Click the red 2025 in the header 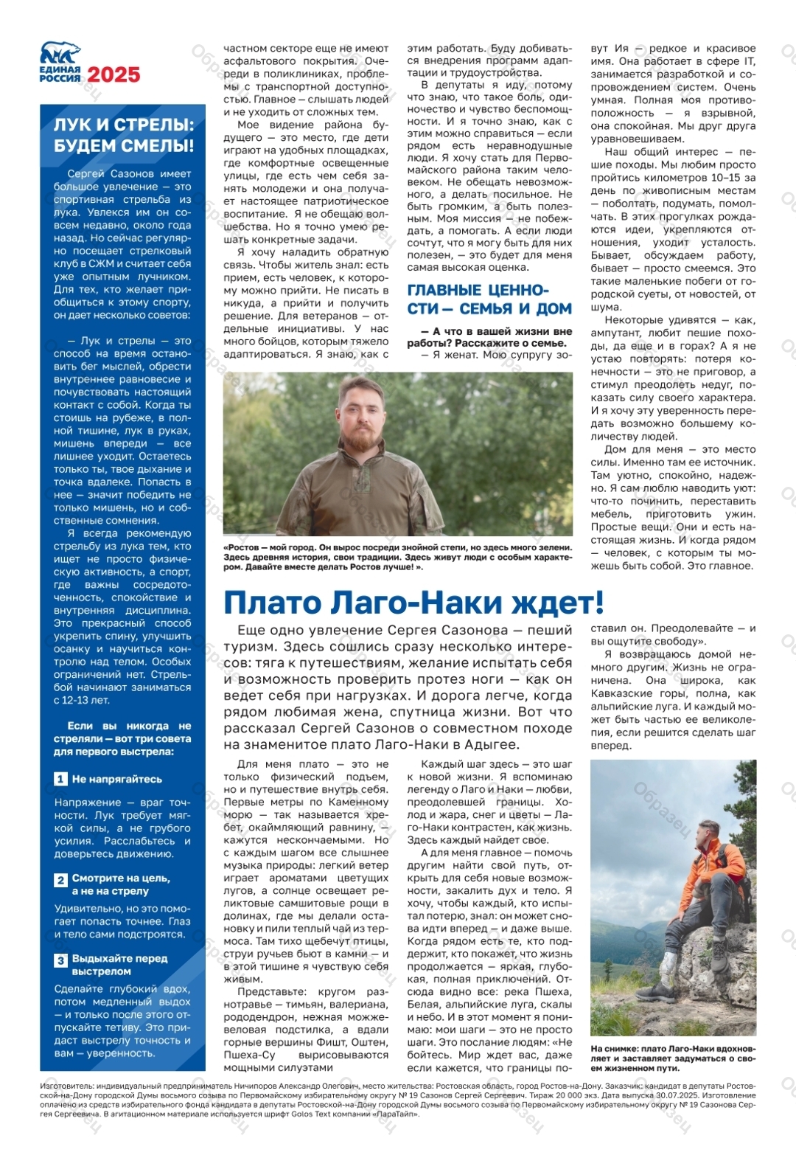[x=114, y=74]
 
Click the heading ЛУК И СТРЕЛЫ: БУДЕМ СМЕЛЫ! [x=123, y=135]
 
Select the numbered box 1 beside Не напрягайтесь [x=61, y=779]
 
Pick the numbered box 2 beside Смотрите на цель [x=61, y=880]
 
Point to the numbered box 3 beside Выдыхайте [x=61, y=960]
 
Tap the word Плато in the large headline [x=272, y=603]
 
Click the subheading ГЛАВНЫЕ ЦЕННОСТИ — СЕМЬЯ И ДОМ [x=489, y=299]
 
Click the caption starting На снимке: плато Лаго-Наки [x=672, y=1058]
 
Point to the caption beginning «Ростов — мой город [x=397, y=557]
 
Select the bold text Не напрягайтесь [x=116, y=779]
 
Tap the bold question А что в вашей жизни [x=489, y=337]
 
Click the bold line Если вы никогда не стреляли [x=122, y=738]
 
